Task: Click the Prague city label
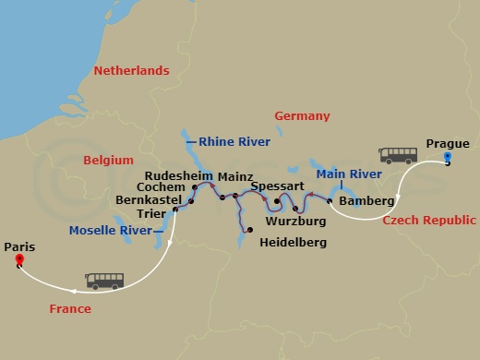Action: click(x=448, y=143)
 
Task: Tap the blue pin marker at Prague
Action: click(x=448, y=158)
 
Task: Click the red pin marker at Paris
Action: click(x=19, y=261)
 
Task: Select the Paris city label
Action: click(x=19, y=246)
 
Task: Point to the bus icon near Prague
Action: click(x=398, y=155)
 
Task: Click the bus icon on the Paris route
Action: click(x=103, y=280)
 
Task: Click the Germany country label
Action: click(x=302, y=116)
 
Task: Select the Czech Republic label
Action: click(x=429, y=221)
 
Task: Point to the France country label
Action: click(x=71, y=309)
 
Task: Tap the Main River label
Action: click(x=349, y=174)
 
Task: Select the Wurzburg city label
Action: click(x=294, y=222)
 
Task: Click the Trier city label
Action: click(x=150, y=213)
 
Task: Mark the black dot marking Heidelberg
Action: click(x=249, y=229)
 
